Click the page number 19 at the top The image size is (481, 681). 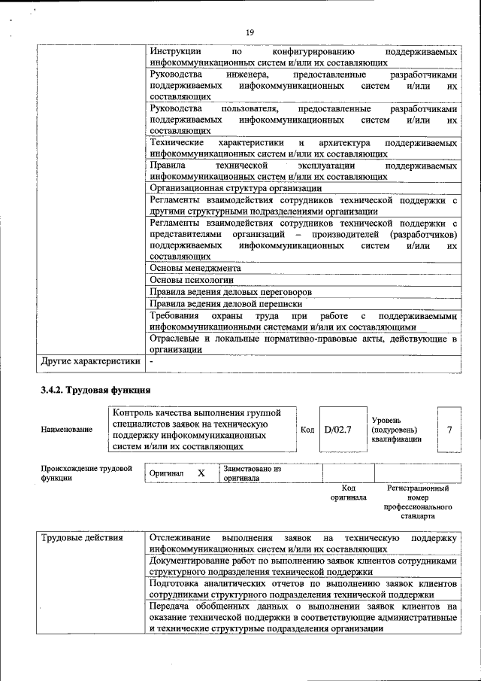pos(250,31)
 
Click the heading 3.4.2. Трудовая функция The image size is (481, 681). pos(95,390)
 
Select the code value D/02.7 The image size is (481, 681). pos(337,430)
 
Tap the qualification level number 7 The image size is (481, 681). pos(449,430)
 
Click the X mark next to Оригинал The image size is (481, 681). pos(201,473)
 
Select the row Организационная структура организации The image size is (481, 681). pos(236,188)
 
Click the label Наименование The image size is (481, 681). pos(68,430)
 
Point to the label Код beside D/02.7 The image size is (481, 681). pos(307,430)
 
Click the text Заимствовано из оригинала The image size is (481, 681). pos(252,473)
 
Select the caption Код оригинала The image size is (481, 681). pos(348,493)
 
